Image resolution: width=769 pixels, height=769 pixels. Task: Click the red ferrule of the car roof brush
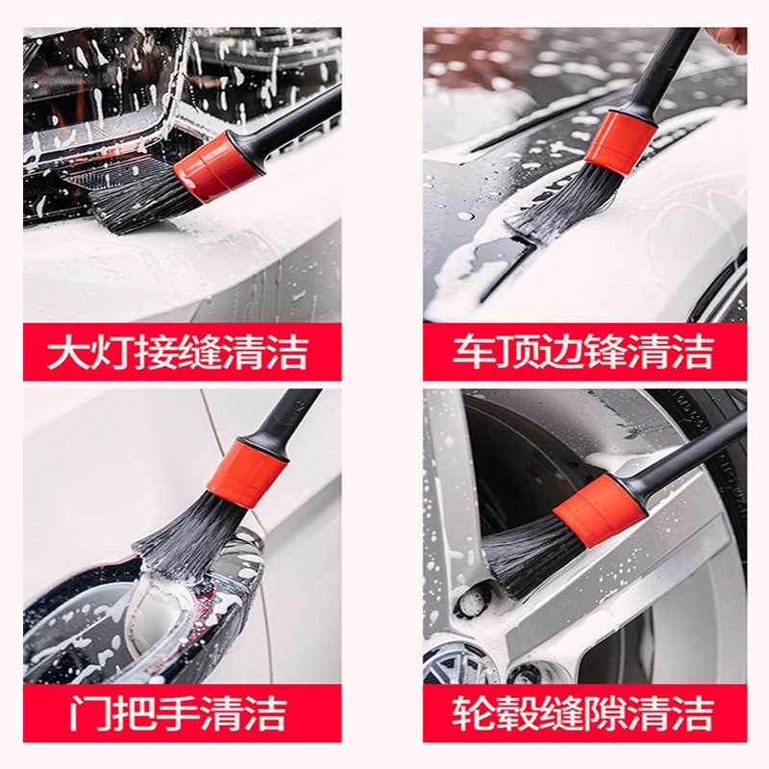pyautogui.click(x=620, y=142)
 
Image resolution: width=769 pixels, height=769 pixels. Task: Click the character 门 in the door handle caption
pyautogui.click(x=88, y=713)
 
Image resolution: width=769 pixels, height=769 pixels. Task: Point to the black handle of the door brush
pyautogui.click(x=289, y=415)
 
